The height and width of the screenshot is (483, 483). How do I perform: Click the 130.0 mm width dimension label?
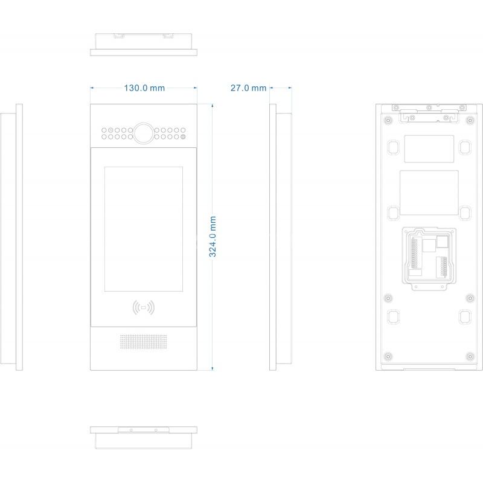pos(144,88)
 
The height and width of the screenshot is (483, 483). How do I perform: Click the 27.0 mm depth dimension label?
pos(248,88)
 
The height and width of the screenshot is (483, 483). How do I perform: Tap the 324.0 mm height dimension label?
pos(213,237)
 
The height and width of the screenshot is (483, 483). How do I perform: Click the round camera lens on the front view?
pos(144,133)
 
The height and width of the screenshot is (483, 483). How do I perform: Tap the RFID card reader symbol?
pos(144,307)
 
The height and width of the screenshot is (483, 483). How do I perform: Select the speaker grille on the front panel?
pos(144,342)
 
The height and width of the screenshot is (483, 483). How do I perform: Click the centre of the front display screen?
pos(144,229)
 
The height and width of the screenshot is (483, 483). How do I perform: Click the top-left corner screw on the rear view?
pos(388,120)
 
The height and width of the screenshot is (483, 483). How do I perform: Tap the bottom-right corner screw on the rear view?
pos(470,357)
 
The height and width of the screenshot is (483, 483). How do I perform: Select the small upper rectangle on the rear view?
pos(429,149)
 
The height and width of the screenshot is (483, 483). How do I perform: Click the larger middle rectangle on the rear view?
pos(429,193)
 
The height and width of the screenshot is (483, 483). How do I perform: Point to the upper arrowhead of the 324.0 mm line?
pos(213,106)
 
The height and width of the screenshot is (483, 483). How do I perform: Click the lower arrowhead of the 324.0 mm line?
pos(213,368)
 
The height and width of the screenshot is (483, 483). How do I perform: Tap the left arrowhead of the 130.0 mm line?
pos(92,88)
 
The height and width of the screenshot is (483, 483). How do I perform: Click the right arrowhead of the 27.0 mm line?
pos(290,88)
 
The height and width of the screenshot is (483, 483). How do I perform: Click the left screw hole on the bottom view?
pos(131,430)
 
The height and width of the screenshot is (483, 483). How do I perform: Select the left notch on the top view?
pos(118,36)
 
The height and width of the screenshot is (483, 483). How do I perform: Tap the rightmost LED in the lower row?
pos(183,137)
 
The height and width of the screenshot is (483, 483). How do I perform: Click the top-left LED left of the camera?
pos(104,130)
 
